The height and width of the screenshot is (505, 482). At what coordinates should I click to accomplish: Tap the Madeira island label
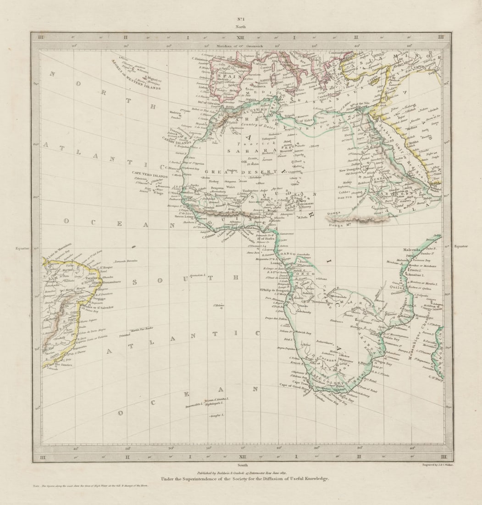176,112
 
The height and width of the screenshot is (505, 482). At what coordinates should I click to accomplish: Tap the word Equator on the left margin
22,248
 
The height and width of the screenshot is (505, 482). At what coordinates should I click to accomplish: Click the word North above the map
241,27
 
